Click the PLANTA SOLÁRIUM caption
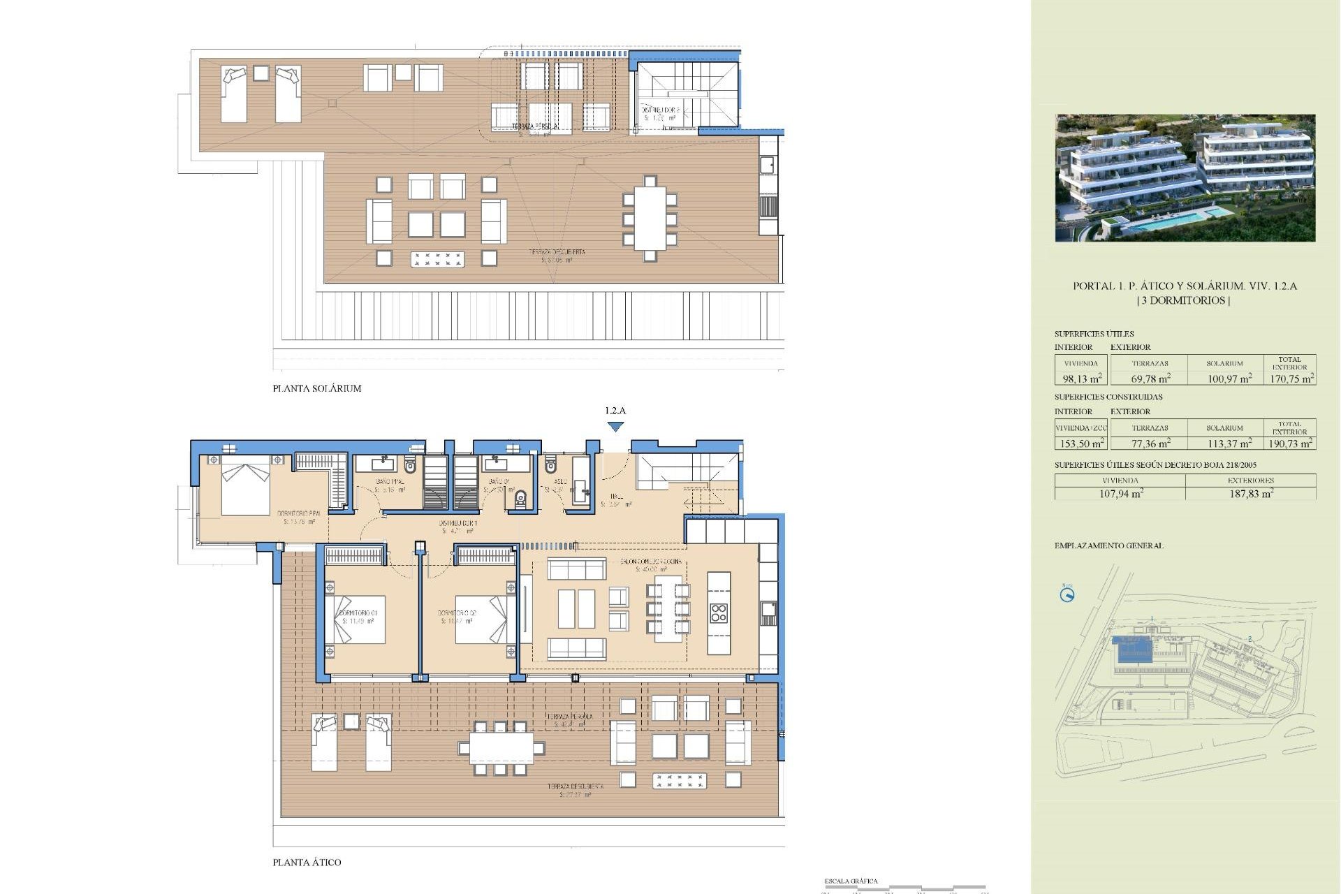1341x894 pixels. pos(317,388)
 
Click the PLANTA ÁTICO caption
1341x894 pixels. pos(307,863)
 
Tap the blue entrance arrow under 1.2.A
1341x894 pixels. pos(615,427)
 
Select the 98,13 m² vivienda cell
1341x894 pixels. pos(1081,379)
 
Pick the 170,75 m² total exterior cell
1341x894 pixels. pos(1291,379)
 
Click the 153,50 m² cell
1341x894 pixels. pos(1081,444)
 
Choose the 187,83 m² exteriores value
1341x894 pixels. pos(1251,493)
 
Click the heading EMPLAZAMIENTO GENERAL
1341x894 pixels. pos(1108,545)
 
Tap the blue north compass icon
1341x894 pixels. pos(1067,595)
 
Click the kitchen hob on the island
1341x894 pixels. pos(719,613)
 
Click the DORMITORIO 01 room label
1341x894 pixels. pos(358,613)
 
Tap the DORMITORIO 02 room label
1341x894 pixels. pos(457,613)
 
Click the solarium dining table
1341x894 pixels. pos(650,219)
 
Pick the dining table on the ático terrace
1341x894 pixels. pos(501,748)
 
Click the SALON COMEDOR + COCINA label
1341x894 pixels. pos(651,562)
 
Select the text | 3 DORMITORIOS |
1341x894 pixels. pos(1184,300)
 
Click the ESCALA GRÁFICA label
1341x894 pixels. pos(851,881)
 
